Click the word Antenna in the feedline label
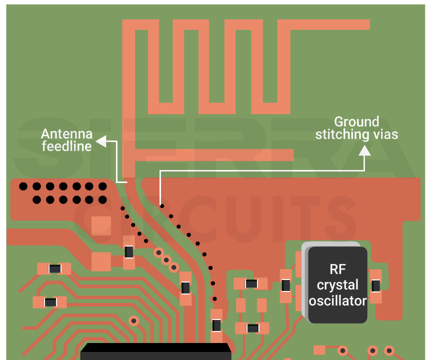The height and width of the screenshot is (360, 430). pos(66,134)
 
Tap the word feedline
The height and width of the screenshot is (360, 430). pos(66,146)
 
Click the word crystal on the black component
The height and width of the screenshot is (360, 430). pos(337,285)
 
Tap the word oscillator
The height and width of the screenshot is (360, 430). pos(337,300)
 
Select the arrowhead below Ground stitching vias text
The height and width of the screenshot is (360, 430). pos(364,150)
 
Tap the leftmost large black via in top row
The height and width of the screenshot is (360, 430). pos(23,186)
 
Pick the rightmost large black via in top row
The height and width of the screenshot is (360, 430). pos(102,186)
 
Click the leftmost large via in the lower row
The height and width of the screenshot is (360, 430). pos(36,200)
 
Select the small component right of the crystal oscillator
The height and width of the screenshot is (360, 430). pos(375,285)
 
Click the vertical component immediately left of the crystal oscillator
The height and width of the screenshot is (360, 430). pos(286,285)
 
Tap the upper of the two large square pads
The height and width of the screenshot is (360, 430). pos(101,225)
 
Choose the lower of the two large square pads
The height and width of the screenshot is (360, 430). pos(101,261)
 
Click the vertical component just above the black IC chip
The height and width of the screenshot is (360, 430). pos(216,325)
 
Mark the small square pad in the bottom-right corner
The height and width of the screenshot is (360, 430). pos(319,349)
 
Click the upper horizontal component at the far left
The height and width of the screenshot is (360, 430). pos(54,269)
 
